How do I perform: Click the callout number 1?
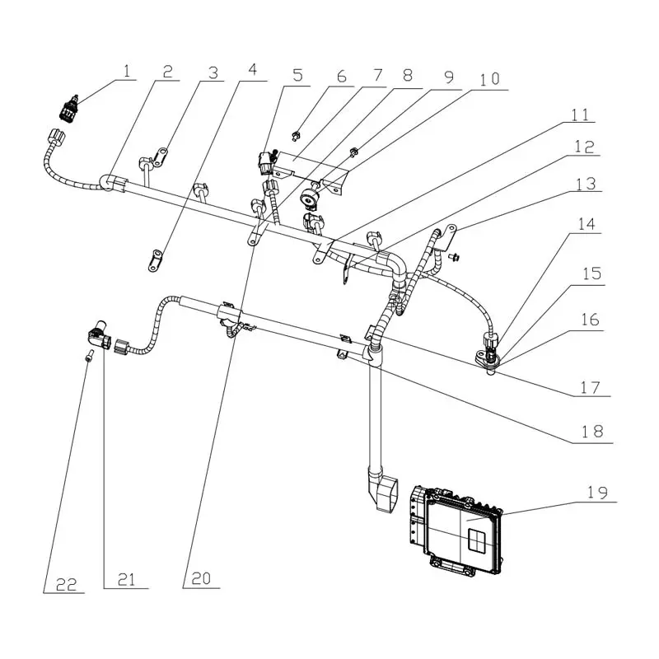coord(127,72)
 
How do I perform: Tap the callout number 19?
coord(596,493)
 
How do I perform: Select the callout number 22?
coord(67,584)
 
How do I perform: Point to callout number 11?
coord(581,115)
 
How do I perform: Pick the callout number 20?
coord(201,579)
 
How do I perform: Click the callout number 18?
coord(592,431)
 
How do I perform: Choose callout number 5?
coord(297,75)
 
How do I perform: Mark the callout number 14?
coord(587,223)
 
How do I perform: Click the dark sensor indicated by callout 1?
coord(68,109)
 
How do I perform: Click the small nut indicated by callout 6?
coord(296,135)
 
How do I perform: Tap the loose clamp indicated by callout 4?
coord(156,260)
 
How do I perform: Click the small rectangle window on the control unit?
coord(477,540)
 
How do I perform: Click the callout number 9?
coord(449,77)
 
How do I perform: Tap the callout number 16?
coord(590,320)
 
